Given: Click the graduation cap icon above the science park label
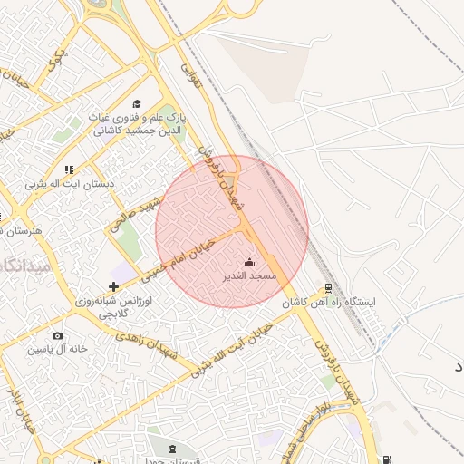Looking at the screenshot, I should point(137,104).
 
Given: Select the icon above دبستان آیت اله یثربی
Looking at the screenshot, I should point(69,169).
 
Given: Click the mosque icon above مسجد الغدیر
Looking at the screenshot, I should point(251,262).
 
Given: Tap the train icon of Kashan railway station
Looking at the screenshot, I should point(328,290).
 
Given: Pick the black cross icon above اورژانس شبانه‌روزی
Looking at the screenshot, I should point(112,286).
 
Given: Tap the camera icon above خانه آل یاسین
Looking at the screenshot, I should point(57,336).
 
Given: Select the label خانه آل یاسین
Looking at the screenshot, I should point(57,349).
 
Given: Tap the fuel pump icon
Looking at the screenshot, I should point(388,460).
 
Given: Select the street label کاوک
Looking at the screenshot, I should point(56,61).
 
